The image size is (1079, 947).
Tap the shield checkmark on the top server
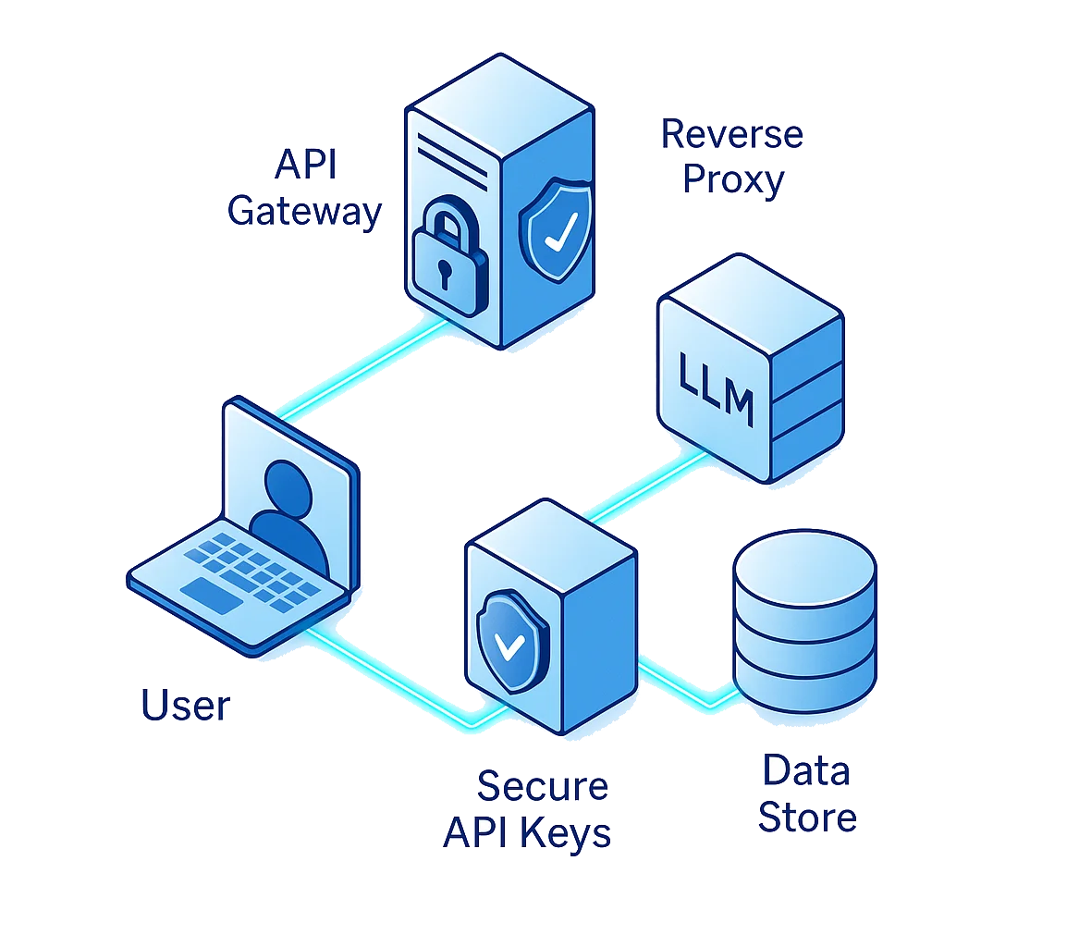(556, 226)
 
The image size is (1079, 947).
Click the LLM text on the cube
(716, 387)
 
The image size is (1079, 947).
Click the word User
(185, 706)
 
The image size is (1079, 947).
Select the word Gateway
(305, 211)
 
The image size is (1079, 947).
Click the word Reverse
(732, 135)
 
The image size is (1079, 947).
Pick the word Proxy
(732, 179)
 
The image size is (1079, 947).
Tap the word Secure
(542, 787)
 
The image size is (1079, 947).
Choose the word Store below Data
(807, 818)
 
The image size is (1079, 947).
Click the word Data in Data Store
(805, 771)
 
